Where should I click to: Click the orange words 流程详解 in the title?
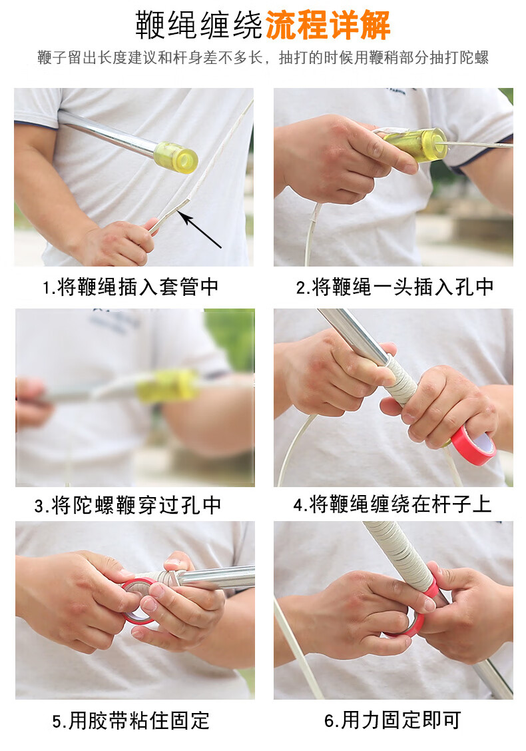[328, 25]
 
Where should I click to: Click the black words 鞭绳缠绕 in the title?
[199, 25]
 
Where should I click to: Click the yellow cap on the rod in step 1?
[176, 157]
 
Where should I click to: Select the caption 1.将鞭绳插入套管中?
[131, 287]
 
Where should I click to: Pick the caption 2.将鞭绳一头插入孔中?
[395, 287]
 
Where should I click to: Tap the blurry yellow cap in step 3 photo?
[168, 385]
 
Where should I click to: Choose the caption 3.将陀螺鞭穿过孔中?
[128, 505]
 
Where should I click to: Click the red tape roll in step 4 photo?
[472, 445]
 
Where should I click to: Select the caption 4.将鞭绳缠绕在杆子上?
[392, 504]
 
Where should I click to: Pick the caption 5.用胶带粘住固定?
[131, 720]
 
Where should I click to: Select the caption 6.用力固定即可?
[392, 720]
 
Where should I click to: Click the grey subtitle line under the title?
[263, 57]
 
